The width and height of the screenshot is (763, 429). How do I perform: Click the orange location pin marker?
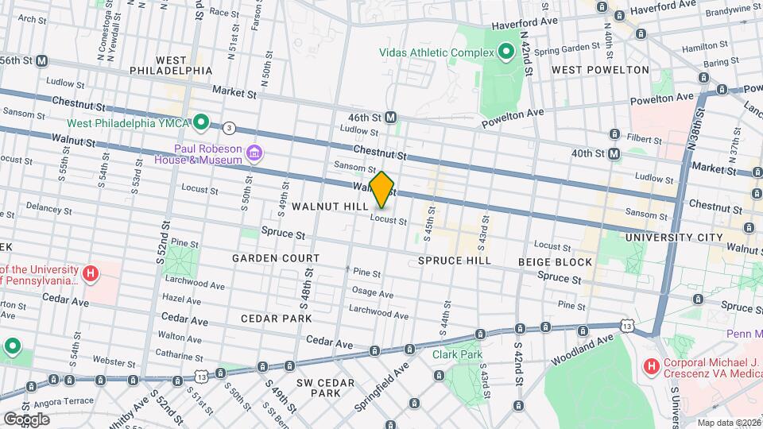[382, 189]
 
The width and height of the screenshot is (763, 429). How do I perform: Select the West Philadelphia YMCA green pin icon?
[202, 122]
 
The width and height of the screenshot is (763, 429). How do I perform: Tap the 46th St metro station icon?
[391, 117]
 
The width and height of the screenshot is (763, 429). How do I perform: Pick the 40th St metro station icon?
[614, 153]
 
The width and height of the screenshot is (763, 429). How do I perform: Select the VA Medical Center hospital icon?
[650, 366]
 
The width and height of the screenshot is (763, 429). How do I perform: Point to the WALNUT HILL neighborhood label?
[329, 207]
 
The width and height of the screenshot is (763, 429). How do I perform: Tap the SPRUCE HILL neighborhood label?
[454, 261]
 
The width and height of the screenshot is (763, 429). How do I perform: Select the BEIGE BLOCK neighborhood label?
[555, 262]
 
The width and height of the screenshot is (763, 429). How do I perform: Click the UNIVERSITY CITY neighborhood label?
[674, 238]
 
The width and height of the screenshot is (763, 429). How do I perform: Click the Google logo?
[26, 419]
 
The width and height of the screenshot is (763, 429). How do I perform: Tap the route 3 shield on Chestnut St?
[230, 127]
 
